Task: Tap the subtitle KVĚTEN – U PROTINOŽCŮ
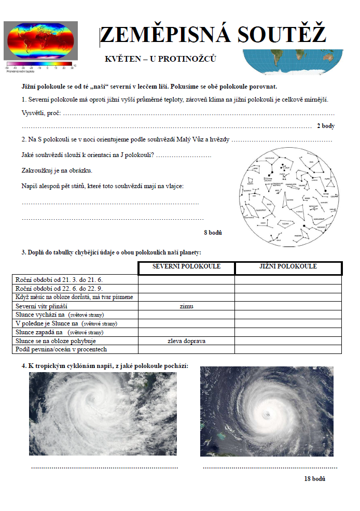point(160,59)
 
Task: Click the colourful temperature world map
point(40,43)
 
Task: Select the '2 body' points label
point(326,126)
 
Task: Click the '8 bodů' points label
point(213,233)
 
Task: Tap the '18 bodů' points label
point(315,478)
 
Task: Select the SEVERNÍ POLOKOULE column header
point(186,267)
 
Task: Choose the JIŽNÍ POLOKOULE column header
point(288,267)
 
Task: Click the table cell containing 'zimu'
point(186,306)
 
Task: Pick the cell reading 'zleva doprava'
point(186,341)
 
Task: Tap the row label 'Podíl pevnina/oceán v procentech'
point(61,350)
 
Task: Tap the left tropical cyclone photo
point(103,414)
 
